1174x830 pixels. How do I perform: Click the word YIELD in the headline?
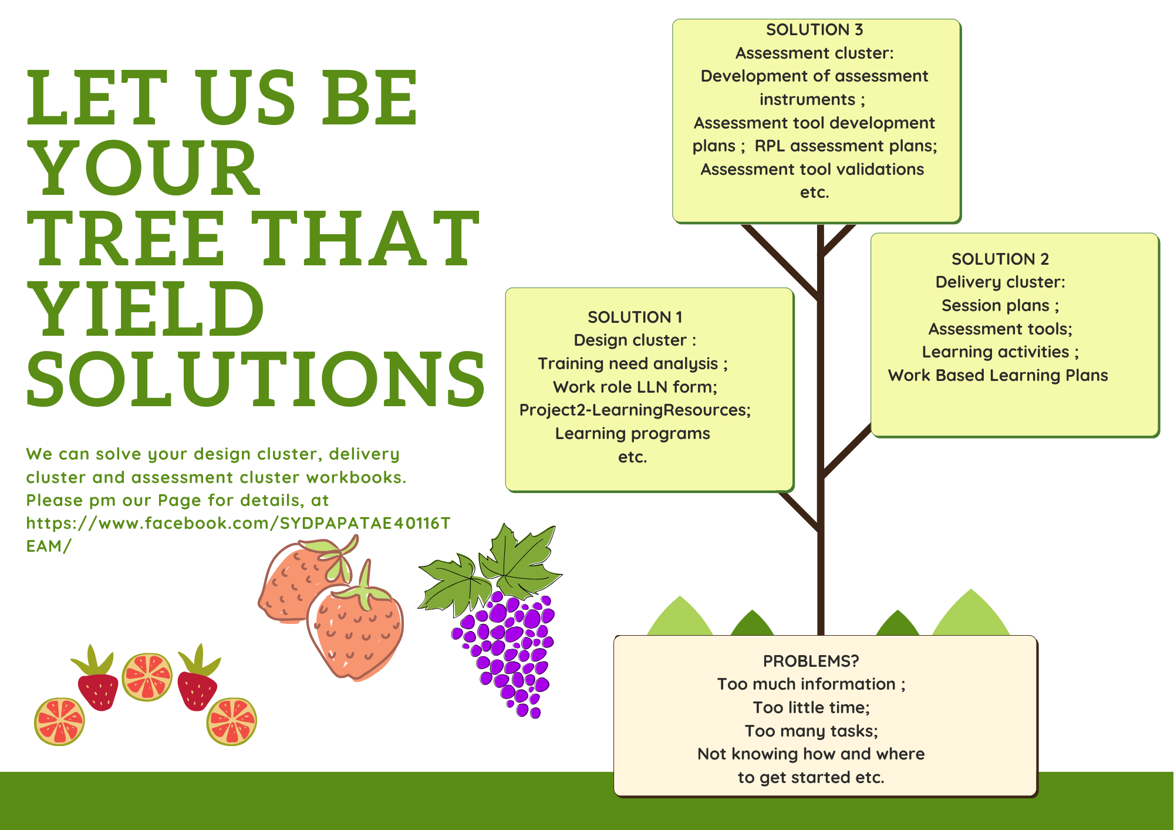pos(146,309)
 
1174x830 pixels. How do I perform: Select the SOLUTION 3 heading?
pos(814,29)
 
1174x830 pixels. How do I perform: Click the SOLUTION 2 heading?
pos(1000,259)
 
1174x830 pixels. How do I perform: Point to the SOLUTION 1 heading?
pos(635,317)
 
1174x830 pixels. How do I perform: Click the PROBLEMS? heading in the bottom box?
pos(811,661)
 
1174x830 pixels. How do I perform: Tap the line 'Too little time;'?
pos(811,707)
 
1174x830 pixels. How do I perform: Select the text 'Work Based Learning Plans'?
pos(998,375)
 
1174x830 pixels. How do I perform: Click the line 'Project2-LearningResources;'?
pos(635,410)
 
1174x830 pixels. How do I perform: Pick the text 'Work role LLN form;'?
pos(635,387)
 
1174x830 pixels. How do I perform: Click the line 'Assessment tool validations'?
pos(812,169)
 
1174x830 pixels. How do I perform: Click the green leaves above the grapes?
pos(490,572)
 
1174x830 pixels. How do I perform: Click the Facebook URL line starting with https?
pos(238,523)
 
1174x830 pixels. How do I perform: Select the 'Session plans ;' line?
pos(1000,305)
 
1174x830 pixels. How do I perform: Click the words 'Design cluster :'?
pos(635,340)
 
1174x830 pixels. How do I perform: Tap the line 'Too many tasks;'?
pos(811,731)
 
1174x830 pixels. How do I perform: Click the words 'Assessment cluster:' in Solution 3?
pos(815,53)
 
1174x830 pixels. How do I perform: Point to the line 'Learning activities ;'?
pos(1000,352)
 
